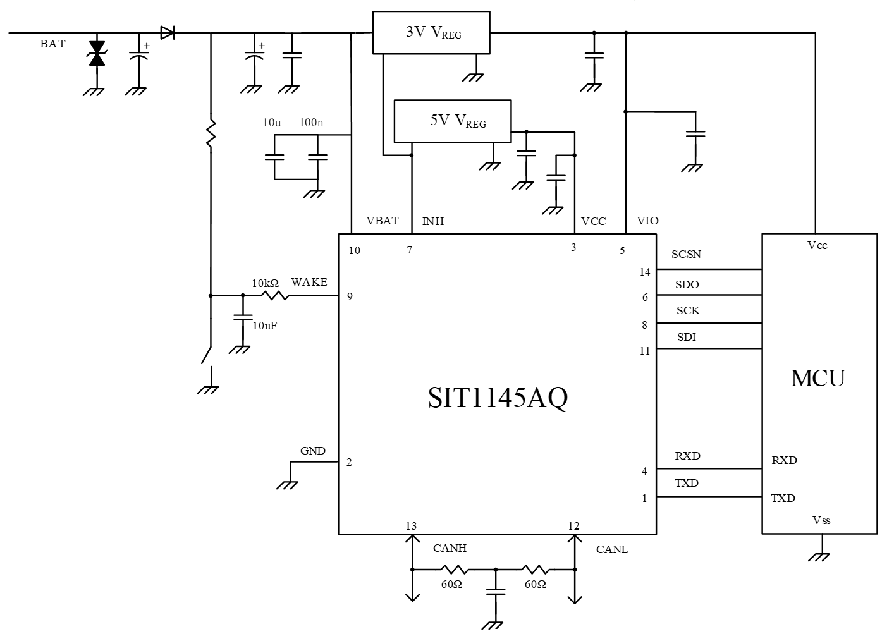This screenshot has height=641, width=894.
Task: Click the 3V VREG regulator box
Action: pos(431,32)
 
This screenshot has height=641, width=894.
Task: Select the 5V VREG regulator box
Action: pos(452,121)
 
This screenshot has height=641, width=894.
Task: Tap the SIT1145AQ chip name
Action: pos(498,398)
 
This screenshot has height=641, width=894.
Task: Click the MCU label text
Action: pos(817,378)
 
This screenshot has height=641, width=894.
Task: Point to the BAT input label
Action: pos(52,44)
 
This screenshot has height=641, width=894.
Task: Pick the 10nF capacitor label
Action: pos(265,326)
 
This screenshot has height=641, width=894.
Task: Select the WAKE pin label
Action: pos(309,282)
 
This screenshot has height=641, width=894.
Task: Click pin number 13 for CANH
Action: pos(411,526)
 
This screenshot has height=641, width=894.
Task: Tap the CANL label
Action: pos(612,549)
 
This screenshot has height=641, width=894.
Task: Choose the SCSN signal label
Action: pos(686,255)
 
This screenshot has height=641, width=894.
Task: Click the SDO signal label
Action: pos(687,284)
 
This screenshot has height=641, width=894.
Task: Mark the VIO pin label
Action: pos(647,221)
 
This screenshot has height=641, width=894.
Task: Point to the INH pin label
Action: pos(433,221)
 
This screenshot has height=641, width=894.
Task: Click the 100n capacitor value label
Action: pos(311,123)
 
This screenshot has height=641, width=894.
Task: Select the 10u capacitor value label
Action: pos(272,123)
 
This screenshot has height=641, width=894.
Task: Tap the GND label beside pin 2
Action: pos(313,451)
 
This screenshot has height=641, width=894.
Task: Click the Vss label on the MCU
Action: pos(821,520)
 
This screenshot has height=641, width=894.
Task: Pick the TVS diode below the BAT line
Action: pos(97,53)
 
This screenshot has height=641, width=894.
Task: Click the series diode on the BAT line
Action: pos(167,33)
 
